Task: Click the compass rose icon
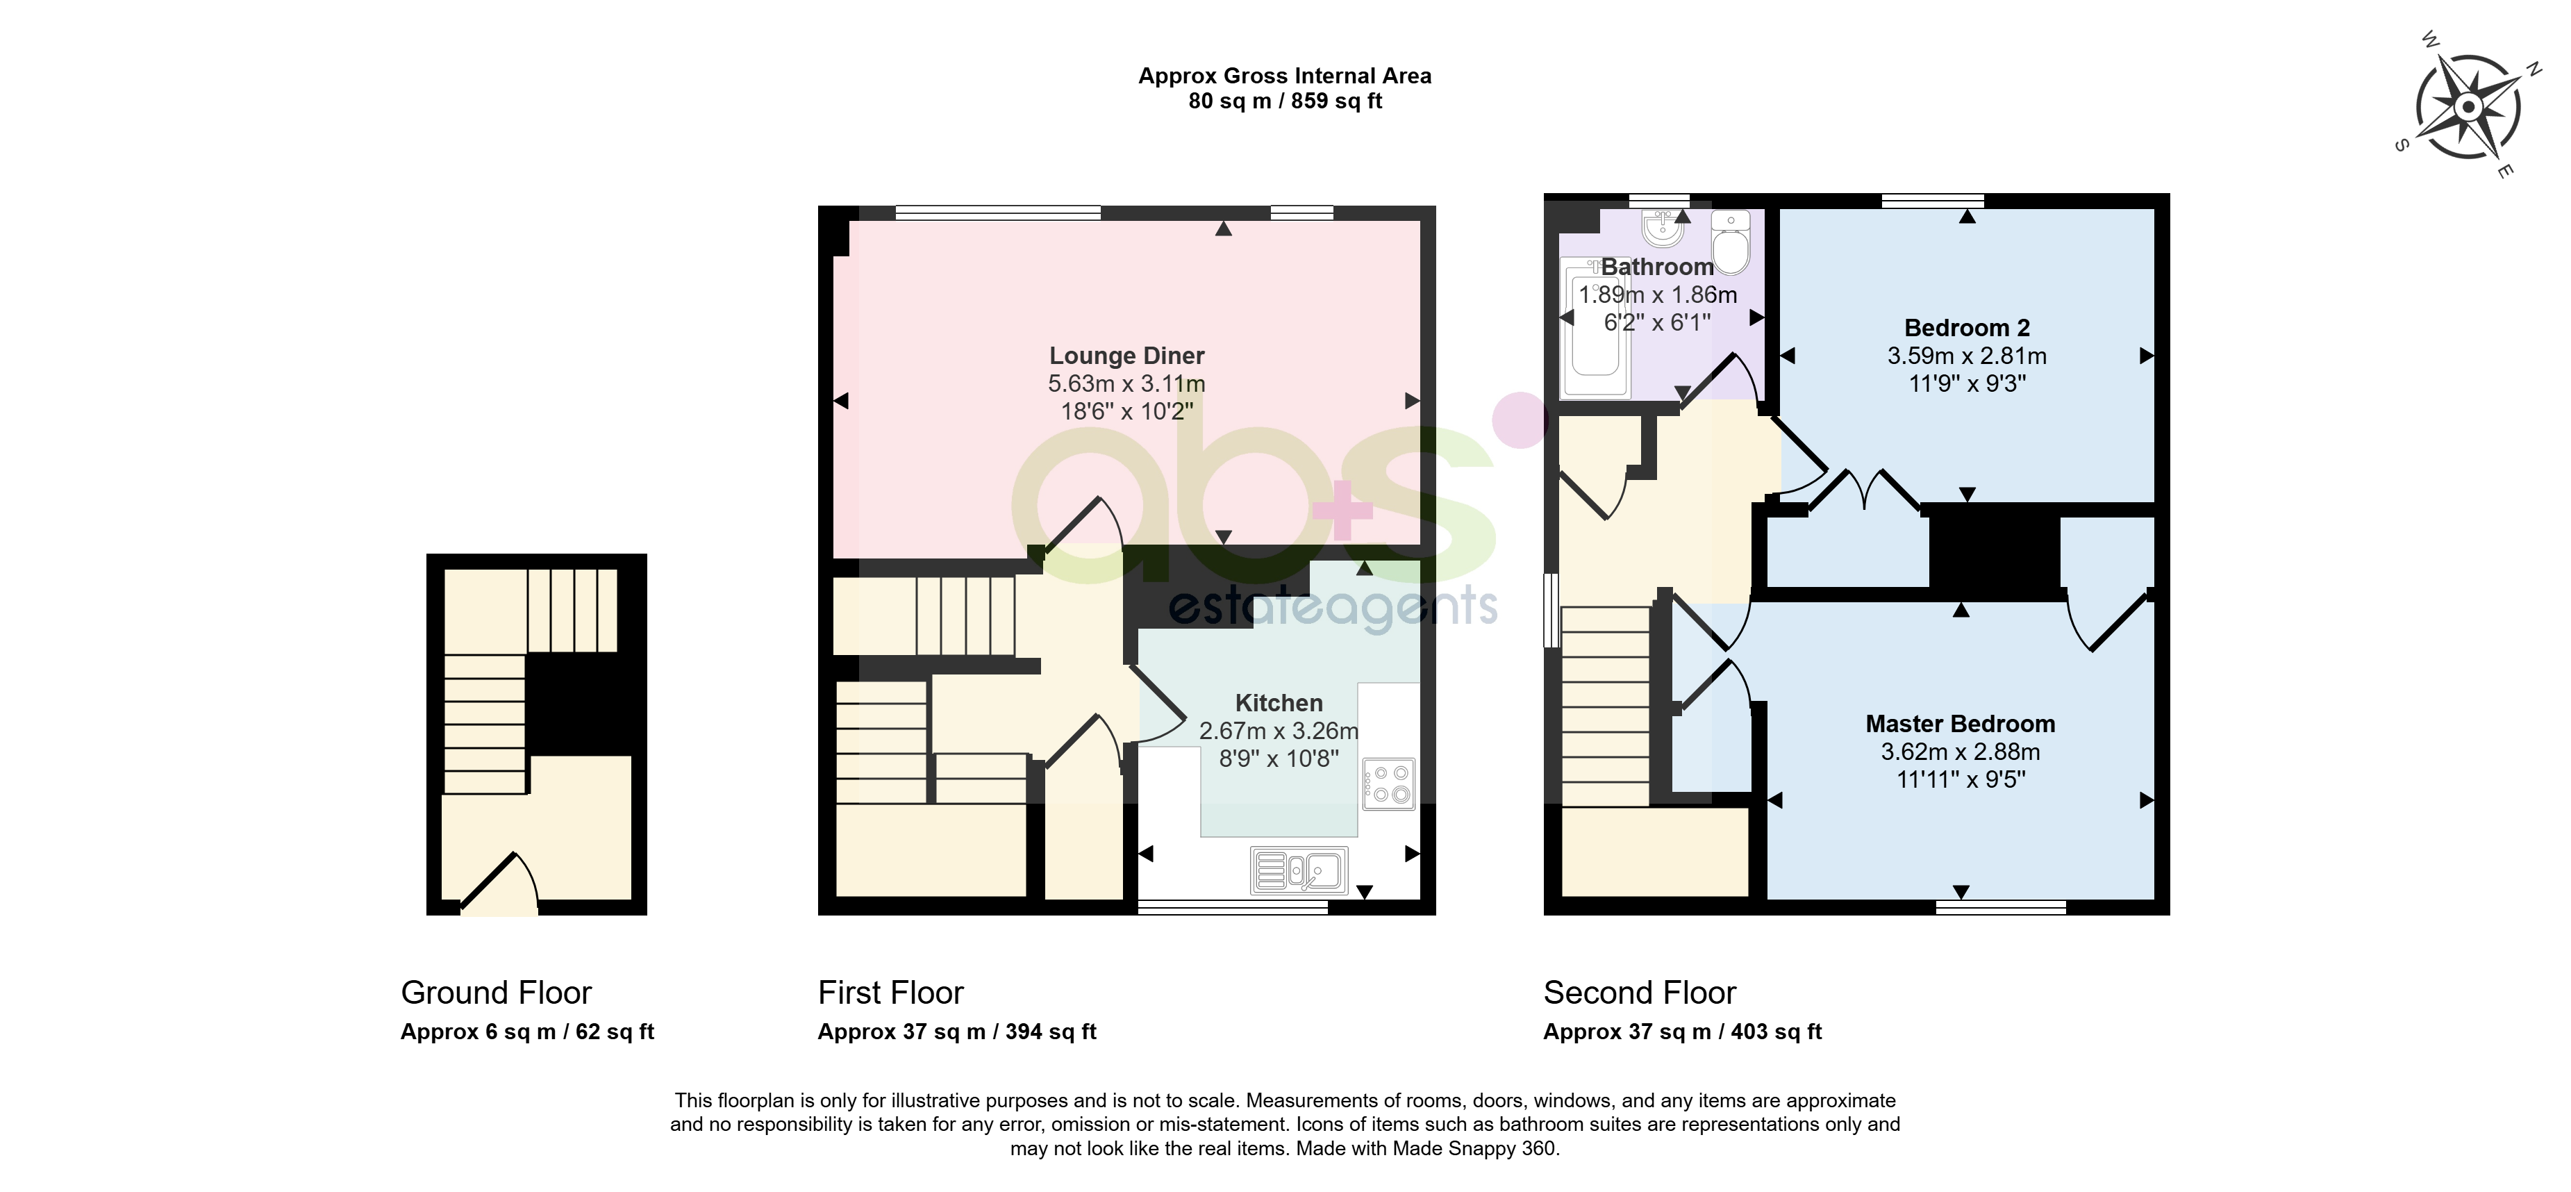[x=2468, y=107]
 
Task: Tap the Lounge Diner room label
[x=1126, y=356]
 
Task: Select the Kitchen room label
[x=1279, y=703]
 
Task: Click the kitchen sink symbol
[x=1299, y=870]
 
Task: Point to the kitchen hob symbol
[x=1388, y=784]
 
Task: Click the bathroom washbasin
[x=1663, y=229]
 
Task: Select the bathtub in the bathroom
[x=1595, y=327]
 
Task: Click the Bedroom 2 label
[x=1966, y=327]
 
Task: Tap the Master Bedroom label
[x=1960, y=724]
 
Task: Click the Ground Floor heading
[x=496, y=993]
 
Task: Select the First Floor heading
[x=890, y=993]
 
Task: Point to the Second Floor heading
[x=1640, y=993]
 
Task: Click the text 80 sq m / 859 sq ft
[x=1285, y=101]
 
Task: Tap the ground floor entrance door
[x=499, y=884]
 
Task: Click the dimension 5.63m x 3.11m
[x=1126, y=383]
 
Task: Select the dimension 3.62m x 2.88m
[x=1960, y=752]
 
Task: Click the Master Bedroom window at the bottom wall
[x=2000, y=907]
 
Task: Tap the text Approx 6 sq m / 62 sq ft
[x=527, y=1032]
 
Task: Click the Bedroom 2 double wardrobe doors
[x=1863, y=491]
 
